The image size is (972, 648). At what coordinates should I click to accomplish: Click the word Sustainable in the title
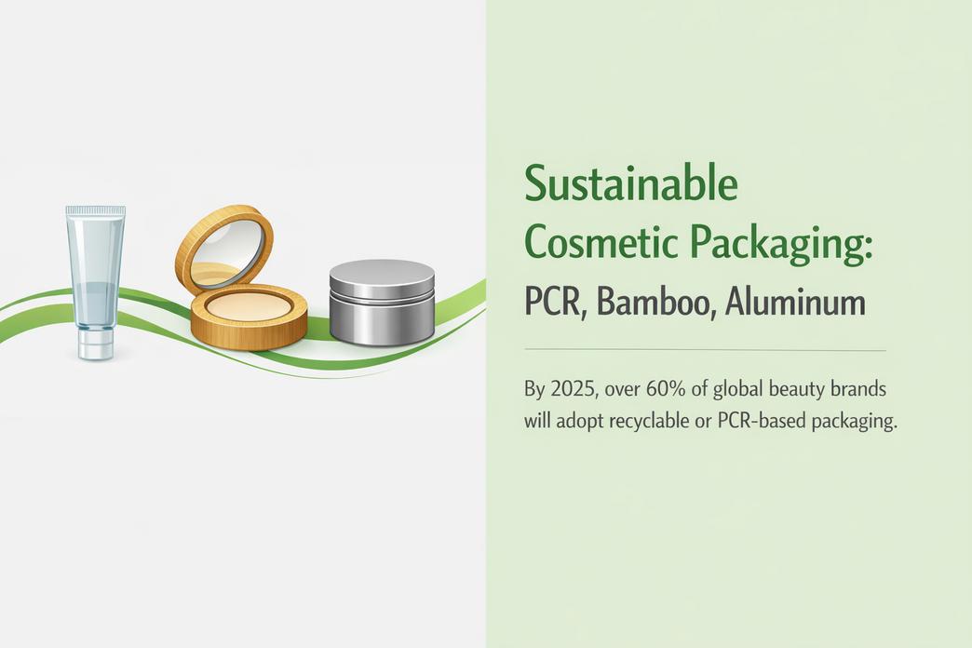pyautogui.click(x=631, y=183)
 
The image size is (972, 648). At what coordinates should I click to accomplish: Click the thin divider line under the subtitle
pyautogui.click(x=705, y=351)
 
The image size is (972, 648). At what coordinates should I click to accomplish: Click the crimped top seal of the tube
pyautogui.click(x=95, y=212)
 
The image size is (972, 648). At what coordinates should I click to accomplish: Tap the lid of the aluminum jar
pyautogui.click(x=382, y=276)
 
